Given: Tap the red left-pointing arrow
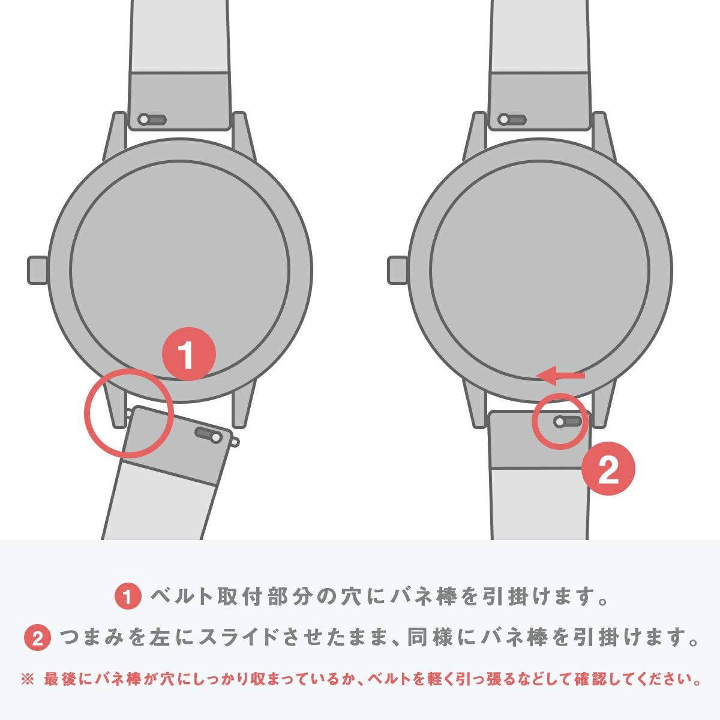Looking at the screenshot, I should pyautogui.click(x=560, y=376).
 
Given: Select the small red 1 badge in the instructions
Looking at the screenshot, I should pyautogui.click(x=127, y=597).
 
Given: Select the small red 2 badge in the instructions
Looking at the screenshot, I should pyautogui.click(x=37, y=638).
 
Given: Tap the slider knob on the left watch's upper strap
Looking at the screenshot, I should pyautogui.click(x=144, y=119).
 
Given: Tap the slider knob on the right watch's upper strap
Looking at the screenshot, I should pyautogui.click(x=504, y=119).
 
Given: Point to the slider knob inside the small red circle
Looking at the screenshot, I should pyautogui.click(x=560, y=422).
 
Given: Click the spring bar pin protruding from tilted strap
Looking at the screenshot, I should pyautogui.click(x=235, y=442).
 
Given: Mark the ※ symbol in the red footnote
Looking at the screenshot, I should pyautogui.click(x=28, y=680).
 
